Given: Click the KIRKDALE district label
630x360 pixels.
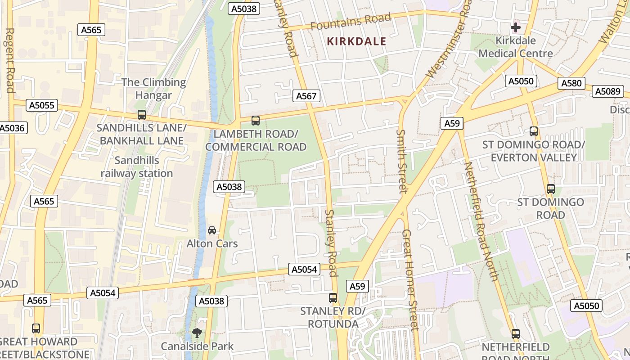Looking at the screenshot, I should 356,41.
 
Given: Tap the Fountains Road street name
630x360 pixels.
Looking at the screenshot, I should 351,22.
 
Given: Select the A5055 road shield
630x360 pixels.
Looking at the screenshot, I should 42,105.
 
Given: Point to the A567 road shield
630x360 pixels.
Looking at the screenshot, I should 306,95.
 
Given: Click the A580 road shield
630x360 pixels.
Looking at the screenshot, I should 571,83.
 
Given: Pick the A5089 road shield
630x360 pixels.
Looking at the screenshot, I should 607,91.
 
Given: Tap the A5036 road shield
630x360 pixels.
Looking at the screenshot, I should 12,128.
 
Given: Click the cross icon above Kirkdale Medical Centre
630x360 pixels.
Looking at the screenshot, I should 516,27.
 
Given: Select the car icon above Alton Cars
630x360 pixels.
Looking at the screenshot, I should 212,230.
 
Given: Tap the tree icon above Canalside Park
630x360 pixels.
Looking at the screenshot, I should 197,333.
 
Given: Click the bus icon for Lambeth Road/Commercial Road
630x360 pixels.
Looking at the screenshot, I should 256,120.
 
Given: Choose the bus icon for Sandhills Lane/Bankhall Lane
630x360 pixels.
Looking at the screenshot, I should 142,114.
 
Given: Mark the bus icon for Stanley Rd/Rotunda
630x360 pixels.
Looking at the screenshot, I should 333,297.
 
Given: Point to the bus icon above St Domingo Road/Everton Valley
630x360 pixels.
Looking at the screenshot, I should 534,131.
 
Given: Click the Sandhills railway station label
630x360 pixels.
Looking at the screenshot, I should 137,167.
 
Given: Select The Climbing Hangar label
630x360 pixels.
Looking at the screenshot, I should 153,89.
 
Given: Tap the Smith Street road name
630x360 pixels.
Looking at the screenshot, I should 401,161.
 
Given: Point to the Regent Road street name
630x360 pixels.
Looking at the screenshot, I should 9,60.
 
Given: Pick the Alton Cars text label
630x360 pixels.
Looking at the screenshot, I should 212,243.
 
